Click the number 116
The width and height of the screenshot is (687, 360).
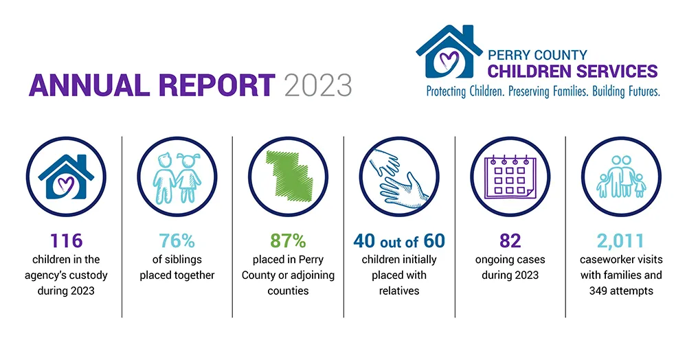(x=66, y=241)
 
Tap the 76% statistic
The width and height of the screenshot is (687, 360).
(x=177, y=241)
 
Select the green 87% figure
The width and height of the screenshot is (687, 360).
(x=288, y=241)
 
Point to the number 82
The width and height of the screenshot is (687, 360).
(x=510, y=241)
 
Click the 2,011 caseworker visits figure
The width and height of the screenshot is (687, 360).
(x=621, y=241)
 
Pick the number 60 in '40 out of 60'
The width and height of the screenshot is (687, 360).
(x=434, y=241)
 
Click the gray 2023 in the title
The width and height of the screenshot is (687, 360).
(x=318, y=85)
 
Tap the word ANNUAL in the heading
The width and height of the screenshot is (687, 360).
(x=89, y=85)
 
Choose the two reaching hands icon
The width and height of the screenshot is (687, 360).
(x=398, y=177)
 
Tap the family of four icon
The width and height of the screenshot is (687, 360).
(x=621, y=177)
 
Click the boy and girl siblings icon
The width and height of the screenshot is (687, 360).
(x=177, y=178)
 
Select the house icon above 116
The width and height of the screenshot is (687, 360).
(x=66, y=177)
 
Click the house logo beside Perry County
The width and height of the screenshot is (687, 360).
(x=449, y=52)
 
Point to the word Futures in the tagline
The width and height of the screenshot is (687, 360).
(x=642, y=91)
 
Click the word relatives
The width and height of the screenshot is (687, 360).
(x=399, y=291)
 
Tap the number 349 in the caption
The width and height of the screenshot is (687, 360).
(x=598, y=291)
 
